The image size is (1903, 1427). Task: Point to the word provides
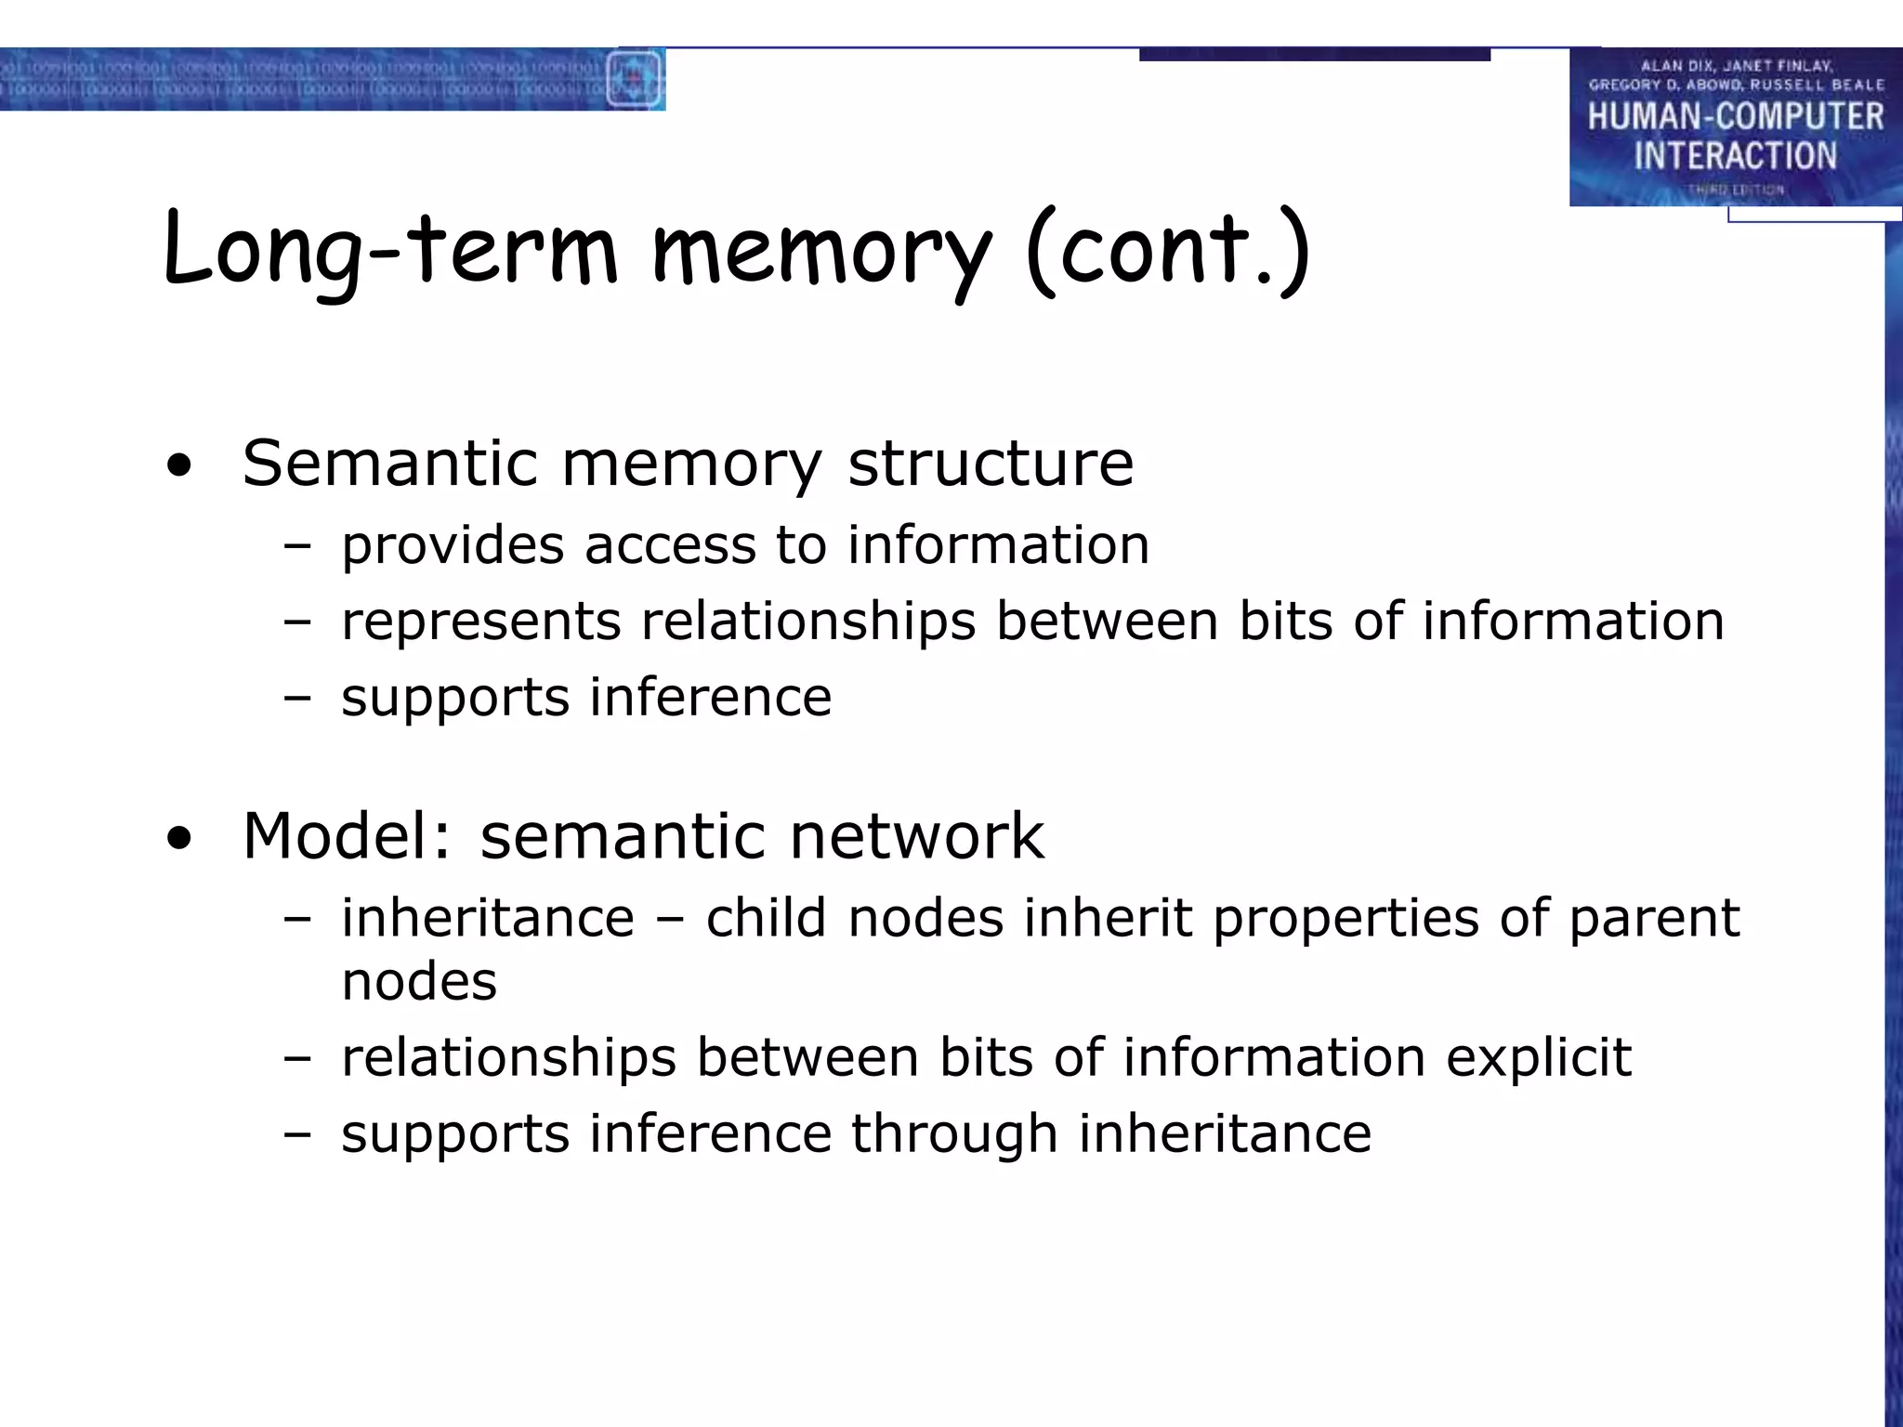click(453, 546)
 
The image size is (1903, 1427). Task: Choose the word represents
click(480, 622)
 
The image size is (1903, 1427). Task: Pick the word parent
click(1654, 920)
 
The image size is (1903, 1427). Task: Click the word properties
click(1345, 920)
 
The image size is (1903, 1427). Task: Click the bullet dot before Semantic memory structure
click(179, 467)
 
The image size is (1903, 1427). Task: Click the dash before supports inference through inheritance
click(297, 1134)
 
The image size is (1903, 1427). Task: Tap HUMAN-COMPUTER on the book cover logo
click(1735, 116)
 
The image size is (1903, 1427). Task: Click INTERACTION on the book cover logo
click(1735, 155)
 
